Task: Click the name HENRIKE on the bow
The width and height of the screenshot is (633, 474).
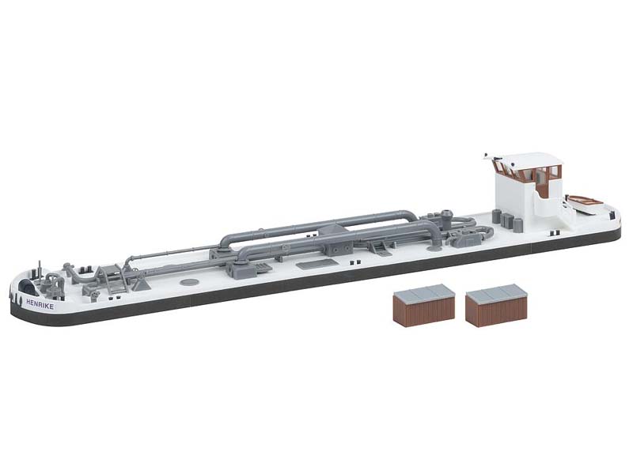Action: [40, 303]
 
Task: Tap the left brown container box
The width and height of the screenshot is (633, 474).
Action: [423, 304]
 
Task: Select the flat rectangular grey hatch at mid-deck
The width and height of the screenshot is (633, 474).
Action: [317, 264]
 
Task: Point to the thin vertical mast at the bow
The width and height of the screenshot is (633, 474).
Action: [40, 270]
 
